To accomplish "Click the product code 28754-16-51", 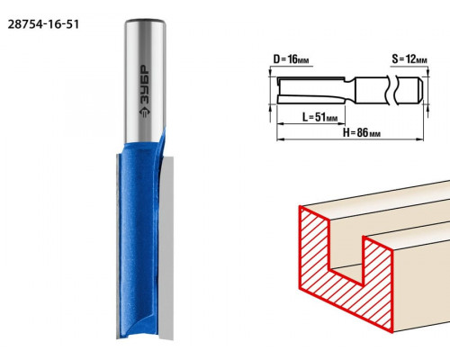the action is click(x=43, y=24).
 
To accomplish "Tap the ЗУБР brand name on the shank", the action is click(x=145, y=85).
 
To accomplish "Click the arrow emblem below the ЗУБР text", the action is click(x=145, y=112).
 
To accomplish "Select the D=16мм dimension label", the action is click(x=291, y=59).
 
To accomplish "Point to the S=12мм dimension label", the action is click(x=409, y=59).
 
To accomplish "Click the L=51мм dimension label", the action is click(x=319, y=117).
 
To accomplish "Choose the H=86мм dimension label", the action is click(x=362, y=132).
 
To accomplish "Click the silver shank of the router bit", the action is click(x=145, y=81).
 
